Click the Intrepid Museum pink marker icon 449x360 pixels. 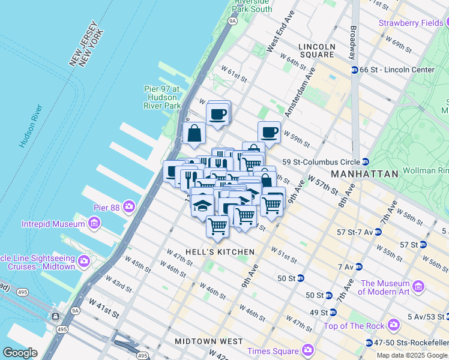[x=94, y=224]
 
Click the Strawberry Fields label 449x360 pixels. [x=410, y=23]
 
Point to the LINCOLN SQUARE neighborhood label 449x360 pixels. [x=317, y=50]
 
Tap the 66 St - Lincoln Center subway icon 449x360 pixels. [x=354, y=70]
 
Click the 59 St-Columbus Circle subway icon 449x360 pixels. [x=364, y=162]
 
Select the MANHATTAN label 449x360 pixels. [x=365, y=174]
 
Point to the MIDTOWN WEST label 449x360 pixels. [x=208, y=341]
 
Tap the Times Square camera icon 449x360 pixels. [x=308, y=349]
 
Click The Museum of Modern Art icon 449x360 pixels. [x=419, y=287]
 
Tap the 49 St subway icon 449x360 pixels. [x=332, y=313]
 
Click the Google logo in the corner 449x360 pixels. [x=20, y=353]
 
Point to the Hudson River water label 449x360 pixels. [x=30, y=127]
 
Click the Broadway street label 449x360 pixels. [x=352, y=40]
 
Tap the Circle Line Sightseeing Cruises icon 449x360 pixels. [x=84, y=262]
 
